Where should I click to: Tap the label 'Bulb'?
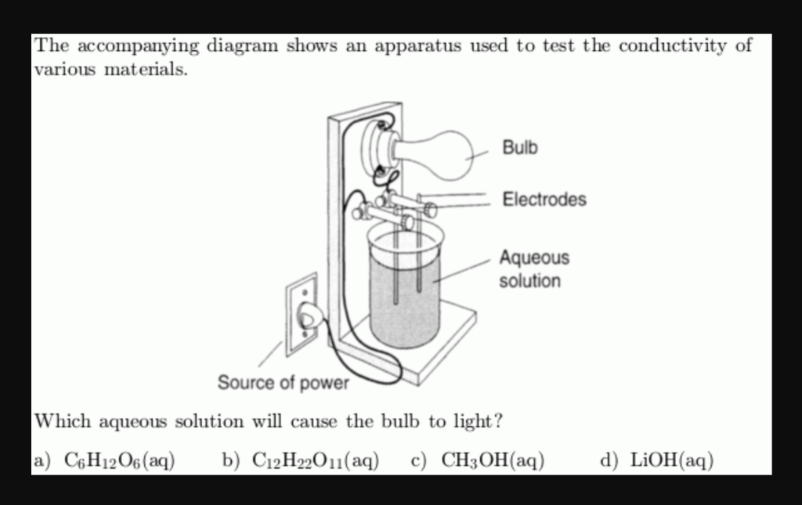(x=520, y=147)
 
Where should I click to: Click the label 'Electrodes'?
(x=544, y=200)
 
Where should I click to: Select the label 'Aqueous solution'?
(x=533, y=269)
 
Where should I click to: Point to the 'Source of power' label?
(x=283, y=383)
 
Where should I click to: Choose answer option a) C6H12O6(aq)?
(x=105, y=460)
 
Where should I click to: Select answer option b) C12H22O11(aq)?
(x=302, y=460)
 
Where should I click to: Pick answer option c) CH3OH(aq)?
(x=479, y=460)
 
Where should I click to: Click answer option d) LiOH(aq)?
(x=657, y=460)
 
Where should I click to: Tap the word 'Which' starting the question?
(x=63, y=421)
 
